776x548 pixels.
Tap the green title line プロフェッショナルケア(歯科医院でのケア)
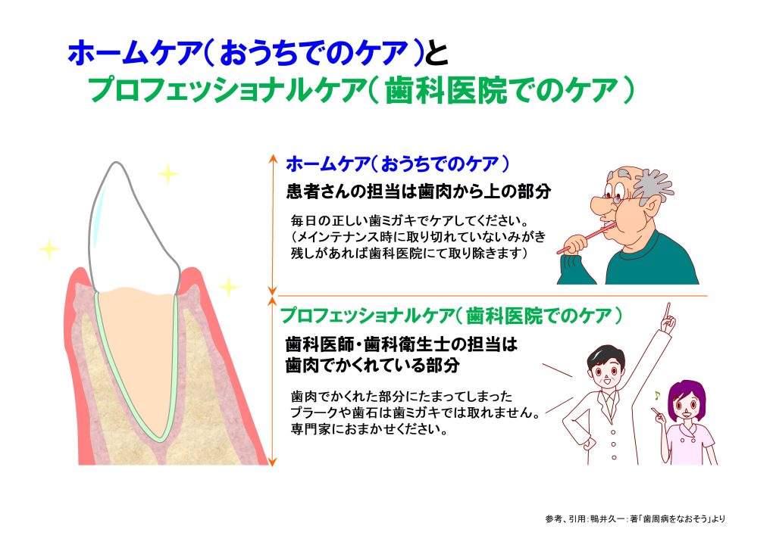361,90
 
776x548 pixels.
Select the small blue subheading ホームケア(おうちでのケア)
397,163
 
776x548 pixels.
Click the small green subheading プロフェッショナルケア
367,316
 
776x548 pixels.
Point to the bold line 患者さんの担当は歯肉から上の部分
418,191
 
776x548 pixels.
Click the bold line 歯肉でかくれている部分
373,365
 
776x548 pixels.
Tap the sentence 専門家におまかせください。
369,428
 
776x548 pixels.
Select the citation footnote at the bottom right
635,518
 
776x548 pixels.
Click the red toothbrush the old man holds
587,238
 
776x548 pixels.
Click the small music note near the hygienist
657,395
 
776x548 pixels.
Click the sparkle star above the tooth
168,173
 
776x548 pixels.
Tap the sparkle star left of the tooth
49,248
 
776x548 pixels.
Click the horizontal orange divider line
493,295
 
